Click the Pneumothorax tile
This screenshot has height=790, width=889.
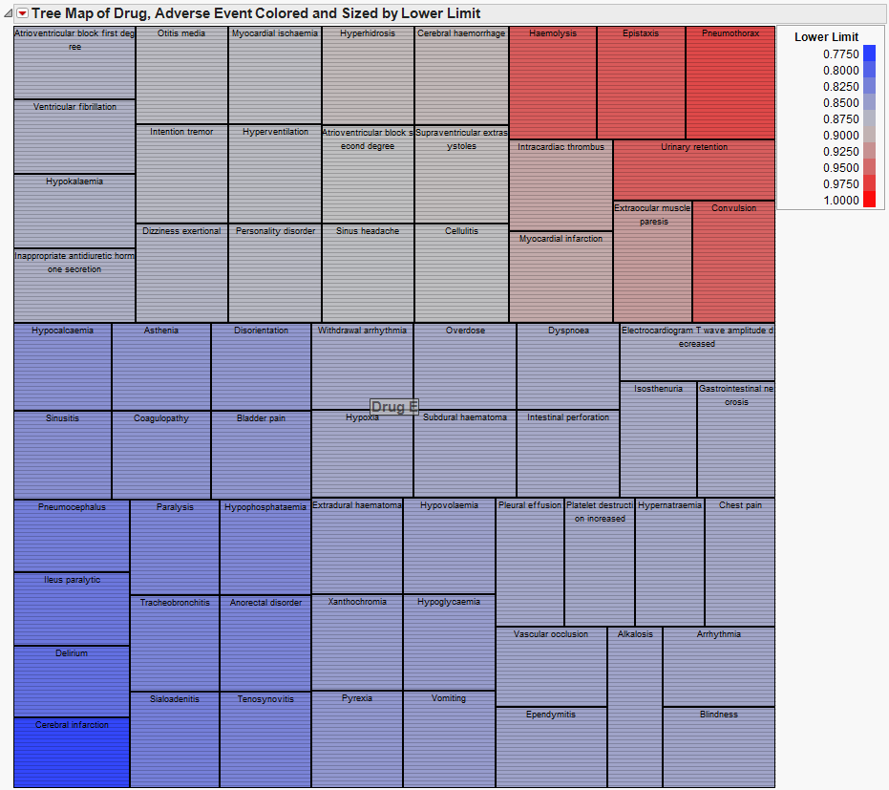coord(730,84)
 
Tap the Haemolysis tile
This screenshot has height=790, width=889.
coord(553,84)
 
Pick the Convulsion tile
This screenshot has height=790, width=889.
coord(733,261)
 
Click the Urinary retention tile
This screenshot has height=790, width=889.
coord(694,169)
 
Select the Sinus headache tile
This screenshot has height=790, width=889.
coord(368,273)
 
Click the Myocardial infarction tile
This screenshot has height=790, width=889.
coord(561,277)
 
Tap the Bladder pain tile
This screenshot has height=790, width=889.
coord(261,455)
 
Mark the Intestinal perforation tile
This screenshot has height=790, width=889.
coord(568,455)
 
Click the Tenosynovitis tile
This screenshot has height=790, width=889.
coord(265,739)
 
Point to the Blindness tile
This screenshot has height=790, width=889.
coord(718,747)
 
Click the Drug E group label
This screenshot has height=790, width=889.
coord(394,407)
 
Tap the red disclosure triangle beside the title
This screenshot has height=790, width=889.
coord(22,13)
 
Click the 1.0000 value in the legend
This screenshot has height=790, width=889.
coord(840,200)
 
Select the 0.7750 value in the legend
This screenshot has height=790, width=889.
coord(840,54)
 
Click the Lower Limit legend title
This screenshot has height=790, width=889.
coord(826,37)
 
